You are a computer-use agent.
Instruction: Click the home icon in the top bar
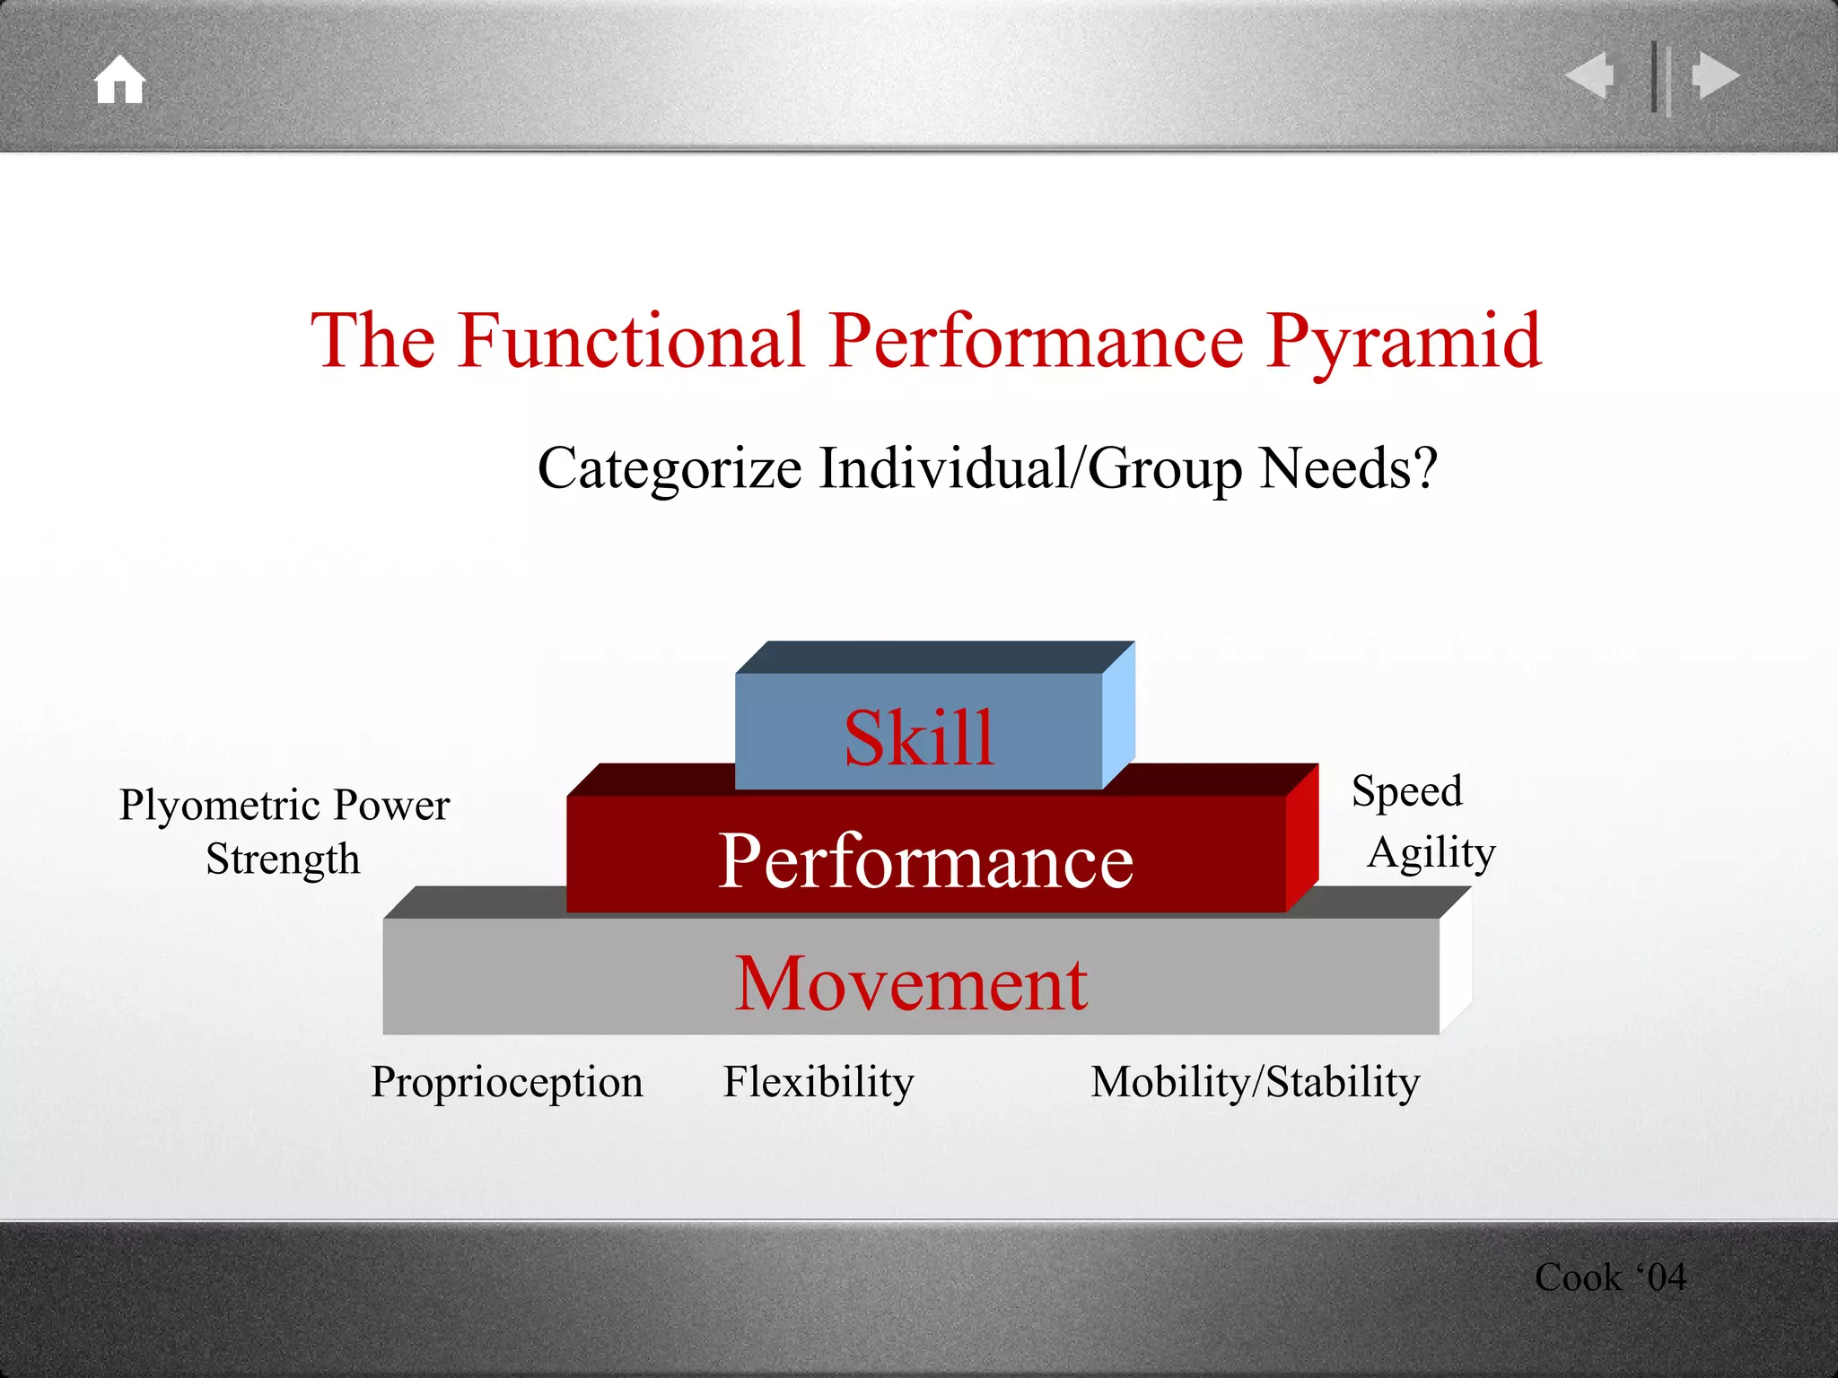click(x=120, y=81)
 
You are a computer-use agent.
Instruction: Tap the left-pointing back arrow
click(x=1590, y=75)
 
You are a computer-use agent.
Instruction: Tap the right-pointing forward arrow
click(x=1716, y=75)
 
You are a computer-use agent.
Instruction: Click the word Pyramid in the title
click(x=1404, y=342)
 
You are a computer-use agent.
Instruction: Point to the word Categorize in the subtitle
click(x=669, y=468)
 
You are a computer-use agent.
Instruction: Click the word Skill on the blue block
click(x=919, y=737)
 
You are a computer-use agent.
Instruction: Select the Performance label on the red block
click(x=926, y=860)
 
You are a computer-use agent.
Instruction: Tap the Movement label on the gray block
click(x=911, y=983)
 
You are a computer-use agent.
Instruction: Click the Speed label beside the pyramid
click(x=1406, y=791)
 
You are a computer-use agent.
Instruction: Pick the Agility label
click(x=1431, y=852)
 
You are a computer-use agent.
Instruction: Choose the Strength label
click(x=283, y=859)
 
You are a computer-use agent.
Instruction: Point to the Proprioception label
click(x=507, y=1082)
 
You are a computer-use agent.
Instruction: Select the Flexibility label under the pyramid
click(x=818, y=1082)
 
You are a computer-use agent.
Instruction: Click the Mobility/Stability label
click(x=1255, y=1082)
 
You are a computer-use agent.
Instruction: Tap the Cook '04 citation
click(x=1610, y=1277)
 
